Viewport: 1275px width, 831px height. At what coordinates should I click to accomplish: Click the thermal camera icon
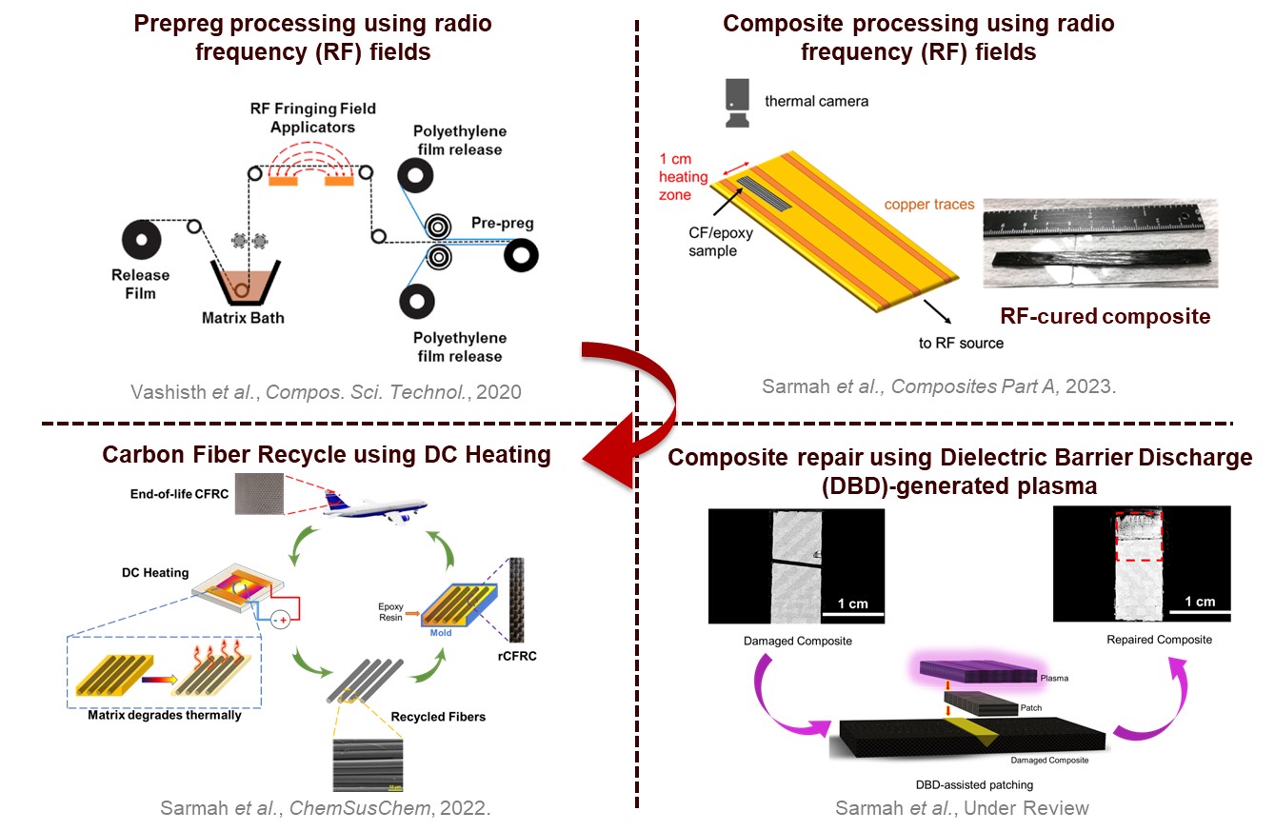[x=736, y=99]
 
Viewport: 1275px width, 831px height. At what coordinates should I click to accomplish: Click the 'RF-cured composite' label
[x=1106, y=315]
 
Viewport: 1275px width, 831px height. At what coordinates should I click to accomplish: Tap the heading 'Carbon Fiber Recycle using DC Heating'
[x=326, y=455]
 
